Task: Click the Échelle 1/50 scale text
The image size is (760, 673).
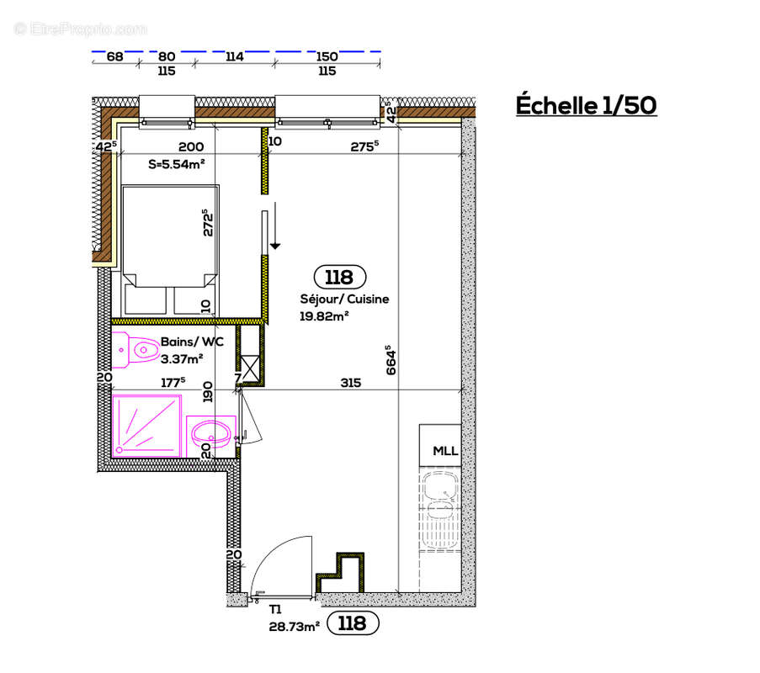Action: tap(585, 106)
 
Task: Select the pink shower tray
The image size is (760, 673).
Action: tap(146, 426)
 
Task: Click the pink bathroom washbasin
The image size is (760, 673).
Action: tap(210, 435)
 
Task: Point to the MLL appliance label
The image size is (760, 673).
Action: tap(445, 452)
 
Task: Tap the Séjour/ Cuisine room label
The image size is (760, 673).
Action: tap(344, 299)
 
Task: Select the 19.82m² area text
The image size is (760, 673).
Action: tap(324, 315)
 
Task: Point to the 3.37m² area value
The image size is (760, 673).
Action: tap(182, 358)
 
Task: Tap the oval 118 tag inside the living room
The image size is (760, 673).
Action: tap(339, 277)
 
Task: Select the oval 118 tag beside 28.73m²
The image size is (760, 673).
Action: tap(351, 623)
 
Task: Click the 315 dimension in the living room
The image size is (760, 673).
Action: tap(350, 383)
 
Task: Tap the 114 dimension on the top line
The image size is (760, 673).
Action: tap(234, 57)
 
